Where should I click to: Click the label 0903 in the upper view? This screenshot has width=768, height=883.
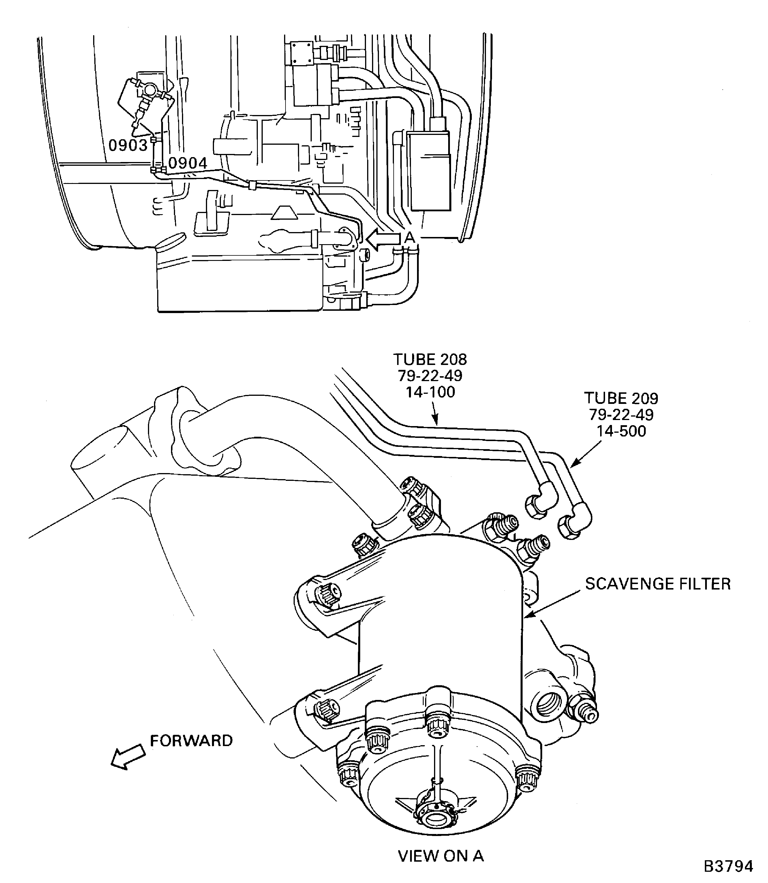[x=128, y=146]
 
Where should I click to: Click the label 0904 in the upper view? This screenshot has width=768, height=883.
[x=188, y=163]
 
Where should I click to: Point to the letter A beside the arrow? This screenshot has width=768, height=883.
[x=410, y=237]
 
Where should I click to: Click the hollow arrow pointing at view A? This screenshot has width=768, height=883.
[x=383, y=239]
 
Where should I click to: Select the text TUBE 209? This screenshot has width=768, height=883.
[x=621, y=398]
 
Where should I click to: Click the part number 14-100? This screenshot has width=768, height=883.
[x=430, y=392]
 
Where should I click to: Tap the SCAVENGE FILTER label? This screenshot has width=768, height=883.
[x=658, y=584]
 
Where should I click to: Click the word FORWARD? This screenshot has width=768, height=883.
[x=191, y=741]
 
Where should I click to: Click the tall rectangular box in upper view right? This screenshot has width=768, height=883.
[x=429, y=170]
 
